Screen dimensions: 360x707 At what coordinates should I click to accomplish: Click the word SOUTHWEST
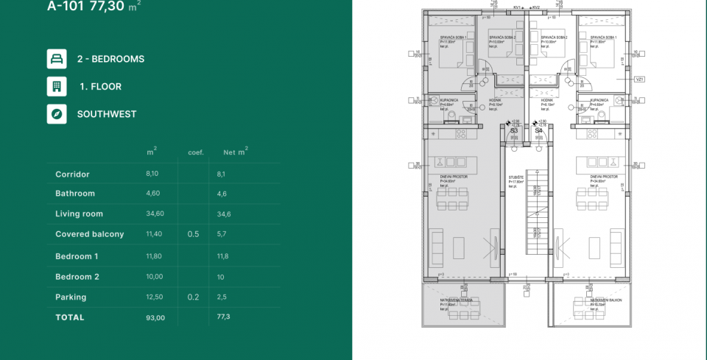coord(107,114)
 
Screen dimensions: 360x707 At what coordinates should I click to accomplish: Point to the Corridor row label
coord(72,174)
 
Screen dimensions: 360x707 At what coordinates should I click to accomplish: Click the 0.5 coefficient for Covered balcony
coord(193,234)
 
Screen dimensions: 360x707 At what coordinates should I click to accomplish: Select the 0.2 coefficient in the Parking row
coord(193,297)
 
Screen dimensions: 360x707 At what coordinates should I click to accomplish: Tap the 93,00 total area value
coord(155,317)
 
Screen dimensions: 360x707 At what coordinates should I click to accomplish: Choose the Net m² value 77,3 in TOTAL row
coord(224,317)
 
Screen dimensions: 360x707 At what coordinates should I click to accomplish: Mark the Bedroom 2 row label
coord(77,277)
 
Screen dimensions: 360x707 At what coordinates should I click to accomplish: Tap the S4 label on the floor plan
coord(539,130)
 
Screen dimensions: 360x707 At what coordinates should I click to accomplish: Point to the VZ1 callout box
coord(639,79)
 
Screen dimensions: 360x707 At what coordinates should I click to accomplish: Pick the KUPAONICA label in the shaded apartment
coord(449,100)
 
